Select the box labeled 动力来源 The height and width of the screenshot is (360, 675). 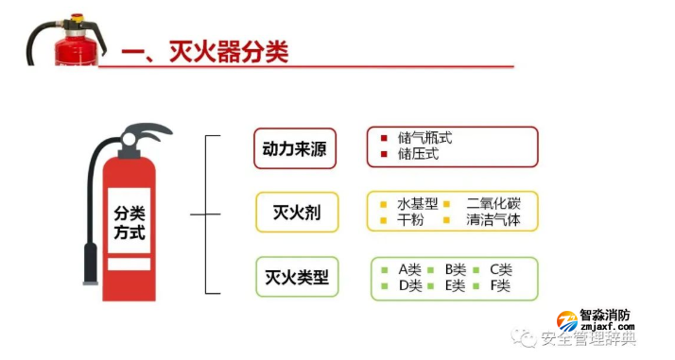[x=295, y=147]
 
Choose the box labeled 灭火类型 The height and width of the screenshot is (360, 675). [x=295, y=278]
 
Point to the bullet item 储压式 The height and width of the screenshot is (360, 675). [x=418, y=154]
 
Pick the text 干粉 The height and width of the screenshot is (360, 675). [x=410, y=220]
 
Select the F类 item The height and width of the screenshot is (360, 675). [x=500, y=285]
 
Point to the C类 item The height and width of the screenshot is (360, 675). [x=500, y=269]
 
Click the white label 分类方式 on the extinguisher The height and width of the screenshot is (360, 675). [x=129, y=225]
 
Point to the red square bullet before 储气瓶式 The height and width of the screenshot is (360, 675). [x=384, y=139]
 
